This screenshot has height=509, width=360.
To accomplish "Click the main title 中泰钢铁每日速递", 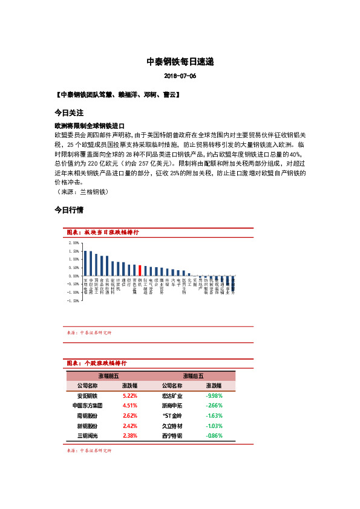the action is [180, 62].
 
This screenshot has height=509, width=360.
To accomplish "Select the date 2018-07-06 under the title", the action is [180, 76].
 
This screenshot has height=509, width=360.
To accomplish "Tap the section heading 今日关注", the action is [68, 113].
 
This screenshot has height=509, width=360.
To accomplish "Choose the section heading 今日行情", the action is [68, 210].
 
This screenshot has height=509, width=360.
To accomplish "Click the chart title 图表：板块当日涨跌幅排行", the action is [103, 232].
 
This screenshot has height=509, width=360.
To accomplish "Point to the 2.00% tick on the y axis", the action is [74, 242].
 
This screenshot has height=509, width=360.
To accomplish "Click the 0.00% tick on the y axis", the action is [74, 276].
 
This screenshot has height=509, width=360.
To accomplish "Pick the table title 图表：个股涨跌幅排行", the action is [96, 363].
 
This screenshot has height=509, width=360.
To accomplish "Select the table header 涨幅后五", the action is [193, 375].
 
